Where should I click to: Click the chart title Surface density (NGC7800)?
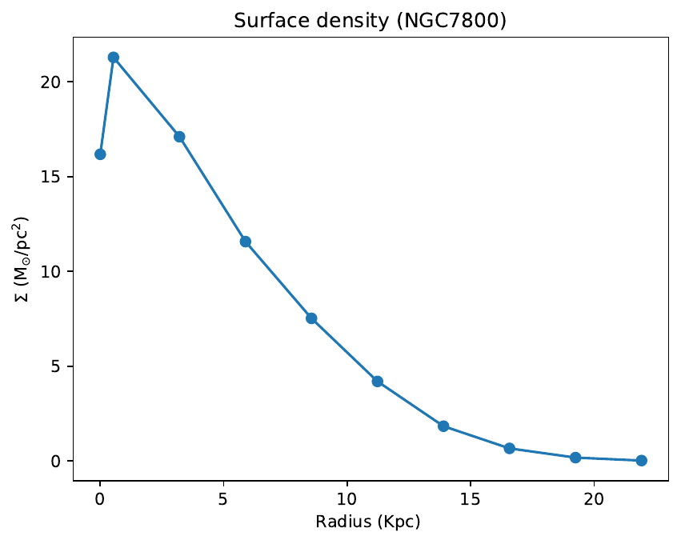(x=370, y=22)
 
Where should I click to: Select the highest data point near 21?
(x=114, y=58)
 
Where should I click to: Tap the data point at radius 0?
(x=100, y=154)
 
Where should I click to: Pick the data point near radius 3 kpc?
(x=179, y=137)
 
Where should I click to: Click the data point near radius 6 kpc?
(x=246, y=242)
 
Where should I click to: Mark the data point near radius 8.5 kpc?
(x=311, y=318)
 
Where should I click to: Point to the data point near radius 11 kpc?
(x=378, y=382)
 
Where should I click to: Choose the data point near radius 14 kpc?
(x=443, y=426)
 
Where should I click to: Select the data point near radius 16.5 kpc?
(x=509, y=449)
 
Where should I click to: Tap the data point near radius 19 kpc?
(x=575, y=458)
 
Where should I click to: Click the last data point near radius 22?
(x=641, y=461)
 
